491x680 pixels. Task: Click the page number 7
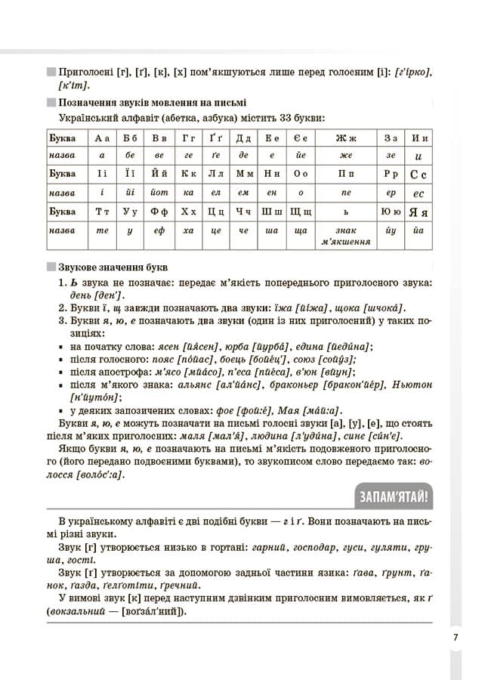(455, 637)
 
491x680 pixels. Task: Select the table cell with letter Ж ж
(346, 138)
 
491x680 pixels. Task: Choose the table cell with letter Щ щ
(300, 212)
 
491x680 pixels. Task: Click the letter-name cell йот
(159, 193)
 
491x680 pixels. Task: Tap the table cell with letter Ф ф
(159, 212)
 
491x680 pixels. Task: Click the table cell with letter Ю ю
(391, 212)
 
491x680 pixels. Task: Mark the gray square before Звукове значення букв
(51, 267)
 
